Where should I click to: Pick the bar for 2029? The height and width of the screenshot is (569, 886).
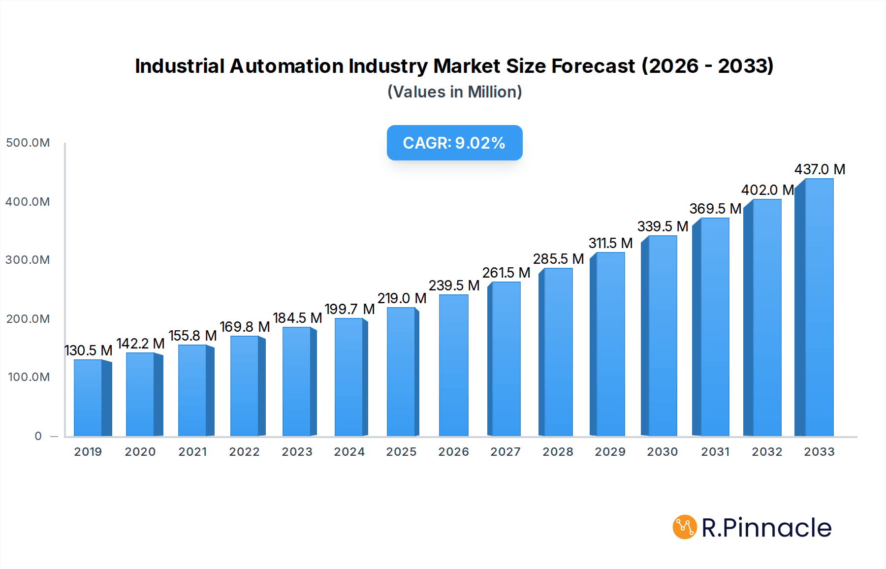[x=610, y=345]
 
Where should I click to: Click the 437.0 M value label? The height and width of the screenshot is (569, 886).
[x=820, y=169]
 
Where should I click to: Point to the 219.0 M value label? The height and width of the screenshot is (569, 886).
[x=402, y=298]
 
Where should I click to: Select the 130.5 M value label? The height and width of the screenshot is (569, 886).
[x=89, y=350]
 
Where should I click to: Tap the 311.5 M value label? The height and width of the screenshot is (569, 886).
[x=610, y=243]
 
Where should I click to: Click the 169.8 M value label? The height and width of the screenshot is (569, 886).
[x=245, y=327]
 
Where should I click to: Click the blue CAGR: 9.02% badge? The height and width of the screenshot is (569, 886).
[x=454, y=143]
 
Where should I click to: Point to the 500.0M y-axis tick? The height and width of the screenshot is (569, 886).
[x=28, y=143]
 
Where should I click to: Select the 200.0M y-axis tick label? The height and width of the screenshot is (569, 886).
[x=28, y=319]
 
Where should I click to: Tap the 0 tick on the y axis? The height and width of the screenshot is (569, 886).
[x=38, y=436]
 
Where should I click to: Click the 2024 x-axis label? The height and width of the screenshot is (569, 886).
[x=349, y=452]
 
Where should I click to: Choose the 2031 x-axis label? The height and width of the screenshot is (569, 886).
[x=715, y=452]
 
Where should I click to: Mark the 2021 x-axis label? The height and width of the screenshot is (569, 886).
[x=192, y=452]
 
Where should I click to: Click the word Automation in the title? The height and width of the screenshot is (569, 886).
[x=287, y=66]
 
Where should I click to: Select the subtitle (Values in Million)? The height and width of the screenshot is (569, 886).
[x=454, y=92]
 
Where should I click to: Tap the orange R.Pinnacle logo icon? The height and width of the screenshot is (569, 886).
[x=685, y=527]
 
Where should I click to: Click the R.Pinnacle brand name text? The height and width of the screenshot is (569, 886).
[x=766, y=528]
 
